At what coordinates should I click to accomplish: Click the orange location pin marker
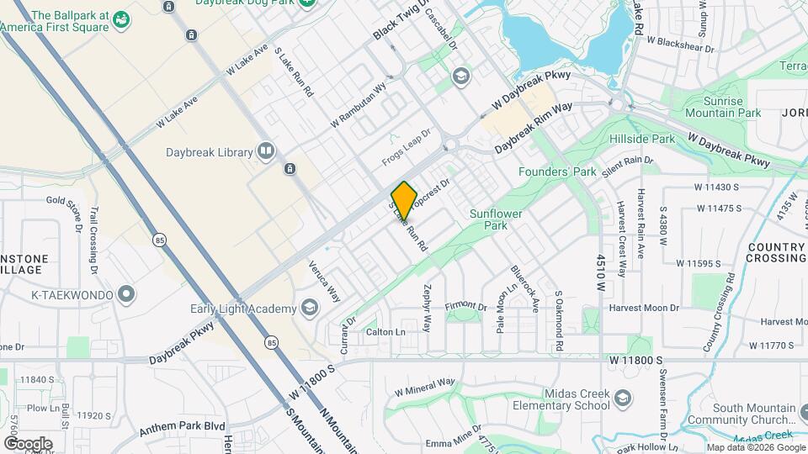(x=405, y=200)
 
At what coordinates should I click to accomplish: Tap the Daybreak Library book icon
(x=267, y=151)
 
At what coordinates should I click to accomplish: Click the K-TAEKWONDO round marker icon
(x=126, y=294)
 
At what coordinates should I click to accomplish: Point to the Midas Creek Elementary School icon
(x=623, y=398)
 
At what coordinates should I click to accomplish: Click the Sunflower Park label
(x=496, y=219)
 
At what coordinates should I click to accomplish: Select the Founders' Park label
(x=556, y=172)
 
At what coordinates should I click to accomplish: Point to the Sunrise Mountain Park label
(x=723, y=107)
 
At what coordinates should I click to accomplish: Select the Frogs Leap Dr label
(x=406, y=145)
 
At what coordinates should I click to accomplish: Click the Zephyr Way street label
(x=428, y=312)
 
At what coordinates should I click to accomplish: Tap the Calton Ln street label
(x=385, y=332)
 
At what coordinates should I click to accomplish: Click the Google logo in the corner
(x=28, y=443)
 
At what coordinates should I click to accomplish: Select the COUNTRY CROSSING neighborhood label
(x=775, y=253)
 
